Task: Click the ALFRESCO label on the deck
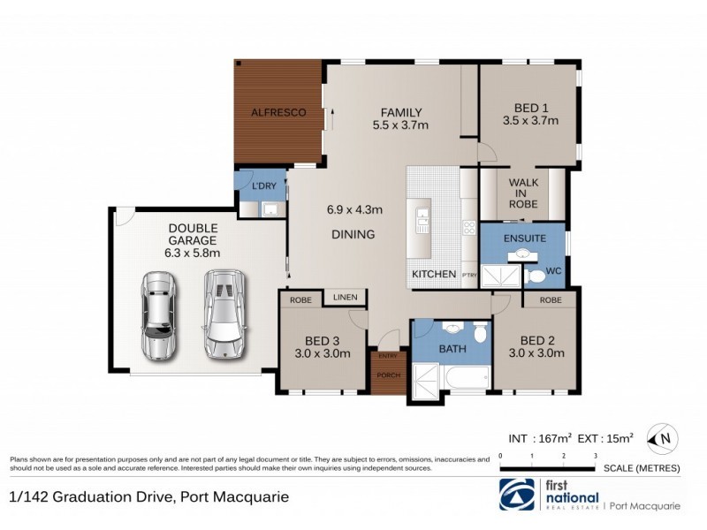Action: [x=277, y=113]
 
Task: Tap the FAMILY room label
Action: [x=400, y=112]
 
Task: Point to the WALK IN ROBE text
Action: [x=523, y=193]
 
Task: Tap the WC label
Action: [x=554, y=268]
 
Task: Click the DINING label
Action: [x=353, y=234]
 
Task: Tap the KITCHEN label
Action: [x=434, y=274]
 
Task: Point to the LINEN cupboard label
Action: [x=345, y=298]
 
